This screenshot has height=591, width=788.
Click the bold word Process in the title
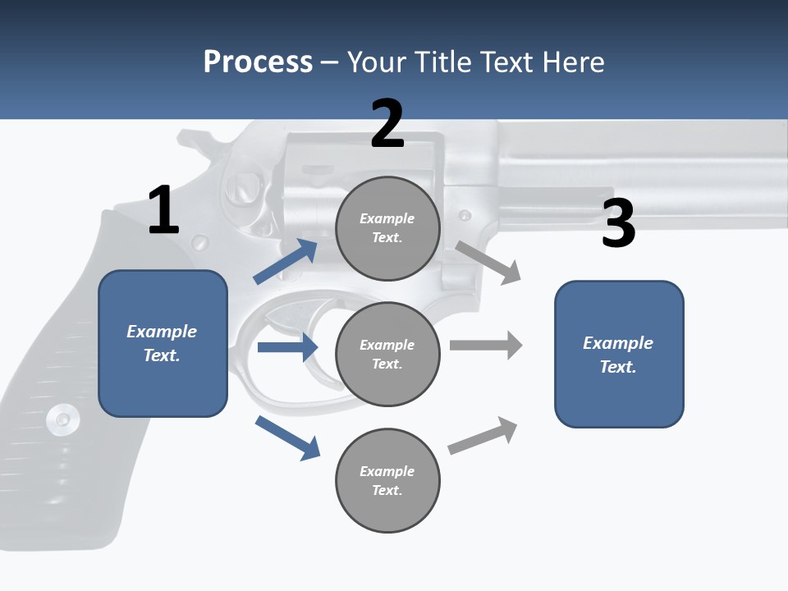click(x=258, y=62)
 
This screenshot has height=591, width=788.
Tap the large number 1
click(x=163, y=210)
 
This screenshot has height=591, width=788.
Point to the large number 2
click(x=387, y=124)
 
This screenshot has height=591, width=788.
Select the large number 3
click(x=618, y=223)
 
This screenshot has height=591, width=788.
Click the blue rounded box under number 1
click(x=163, y=343)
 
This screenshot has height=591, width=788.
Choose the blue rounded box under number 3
click(x=619, y=354)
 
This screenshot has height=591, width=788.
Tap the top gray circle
click(x=387, y=228)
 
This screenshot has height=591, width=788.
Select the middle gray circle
click(x=387, y=354)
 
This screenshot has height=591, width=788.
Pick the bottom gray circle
click(x=387, y=480)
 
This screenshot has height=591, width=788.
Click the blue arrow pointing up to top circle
click(x=286, y=262)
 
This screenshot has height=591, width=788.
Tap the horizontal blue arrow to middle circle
click(x=287, y=347)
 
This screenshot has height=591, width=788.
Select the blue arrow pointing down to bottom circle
click(x=287, y=438)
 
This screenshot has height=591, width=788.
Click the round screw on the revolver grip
click(x=63, y=419)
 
